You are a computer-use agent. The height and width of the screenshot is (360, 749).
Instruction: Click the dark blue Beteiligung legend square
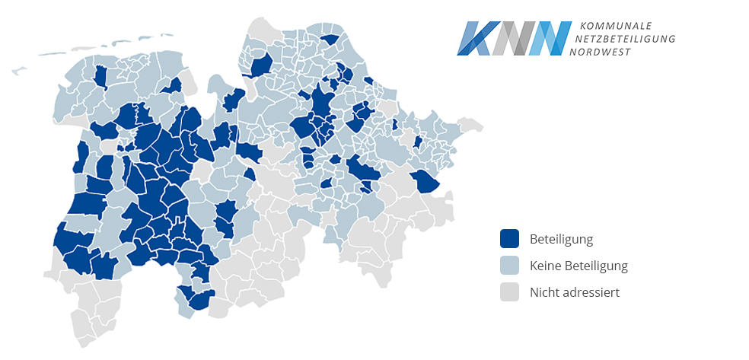point(509,239)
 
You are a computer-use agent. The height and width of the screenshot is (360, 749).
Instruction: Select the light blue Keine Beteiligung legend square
point(509,266)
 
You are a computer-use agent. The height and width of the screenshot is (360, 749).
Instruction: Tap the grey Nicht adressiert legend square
point(509,292)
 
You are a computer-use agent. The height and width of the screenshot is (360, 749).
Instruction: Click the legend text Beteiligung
point(561,240)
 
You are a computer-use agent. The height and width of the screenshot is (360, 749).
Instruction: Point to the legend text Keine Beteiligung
point(578,266)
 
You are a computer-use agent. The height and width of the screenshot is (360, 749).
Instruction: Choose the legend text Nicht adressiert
point(575,292)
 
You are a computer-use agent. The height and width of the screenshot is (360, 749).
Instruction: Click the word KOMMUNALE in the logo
point(616,26)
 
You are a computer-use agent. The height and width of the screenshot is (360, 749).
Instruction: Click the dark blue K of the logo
point(473,38)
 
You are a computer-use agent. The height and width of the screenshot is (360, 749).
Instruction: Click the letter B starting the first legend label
point(534,240)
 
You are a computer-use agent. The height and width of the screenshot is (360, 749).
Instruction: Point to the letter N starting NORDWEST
point(583,51)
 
